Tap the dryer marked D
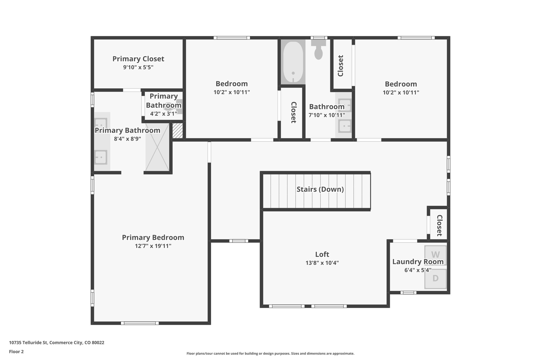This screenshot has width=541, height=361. pyautogui.click(x=435, y=278)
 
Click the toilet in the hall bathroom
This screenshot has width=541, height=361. pyautogui.click(x=319, y=51)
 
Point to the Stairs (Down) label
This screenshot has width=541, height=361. pyautogui.click(x=320, y=189)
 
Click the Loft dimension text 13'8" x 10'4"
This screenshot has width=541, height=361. pyautogui.click(x=322, y=263)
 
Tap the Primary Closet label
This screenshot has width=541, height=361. pyautogui.click(x=138, y=59)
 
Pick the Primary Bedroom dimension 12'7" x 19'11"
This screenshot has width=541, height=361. pyautogui.click(x=153, y=246)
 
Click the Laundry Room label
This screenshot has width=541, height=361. pyautogui.click(x=418, y=262)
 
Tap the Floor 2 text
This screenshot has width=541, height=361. pyautogui.click(x=16, y=352)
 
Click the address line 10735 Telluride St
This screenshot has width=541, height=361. pyautogui.click(x=57, y=343)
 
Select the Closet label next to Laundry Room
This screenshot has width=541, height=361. pyautogui.click(x=439, y=225)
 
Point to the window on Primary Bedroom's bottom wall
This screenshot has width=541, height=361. pyautogui.click(x=140, y=323)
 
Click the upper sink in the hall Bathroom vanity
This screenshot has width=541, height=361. pyautogui.click(x=345, y=105)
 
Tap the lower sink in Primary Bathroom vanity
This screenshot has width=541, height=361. pyautogui.click(x=101, y=157)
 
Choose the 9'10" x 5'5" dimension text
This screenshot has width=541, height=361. pyautogui.click(x=138, y=67)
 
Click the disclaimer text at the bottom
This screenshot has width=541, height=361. pyautogui.click(x=270, y=354)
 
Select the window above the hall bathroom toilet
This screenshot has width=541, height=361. pyautogui.click(x=319, y=38)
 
